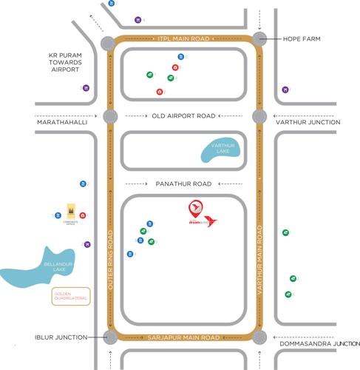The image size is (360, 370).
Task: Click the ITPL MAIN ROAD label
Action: (184, 38)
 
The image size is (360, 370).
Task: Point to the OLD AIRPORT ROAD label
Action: (183, 116)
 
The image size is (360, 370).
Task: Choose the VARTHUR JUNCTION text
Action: (308, 122)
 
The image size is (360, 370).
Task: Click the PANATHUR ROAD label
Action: (183, 184)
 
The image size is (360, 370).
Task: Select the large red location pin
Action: (195, 208)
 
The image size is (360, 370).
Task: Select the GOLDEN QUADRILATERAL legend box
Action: (70, 297)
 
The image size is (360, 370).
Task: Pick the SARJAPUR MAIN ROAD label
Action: (184, 337)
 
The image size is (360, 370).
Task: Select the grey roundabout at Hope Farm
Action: (259, 38)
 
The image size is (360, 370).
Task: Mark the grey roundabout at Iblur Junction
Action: (110, 337)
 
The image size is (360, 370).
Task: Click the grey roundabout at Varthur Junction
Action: (259, 116)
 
